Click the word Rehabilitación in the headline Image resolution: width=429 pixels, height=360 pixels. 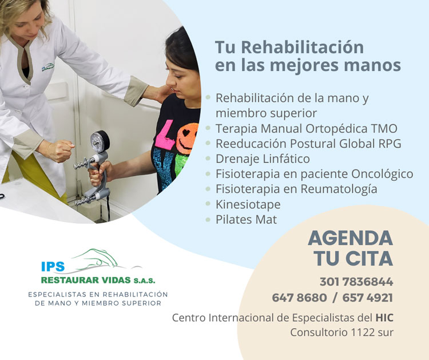303,48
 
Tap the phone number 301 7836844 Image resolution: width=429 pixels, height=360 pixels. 356,282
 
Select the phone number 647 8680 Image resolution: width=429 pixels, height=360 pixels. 299,298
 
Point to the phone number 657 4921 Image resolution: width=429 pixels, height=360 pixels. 368,298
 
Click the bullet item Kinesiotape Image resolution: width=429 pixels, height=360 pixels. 248,204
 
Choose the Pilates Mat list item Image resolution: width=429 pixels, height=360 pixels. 246,220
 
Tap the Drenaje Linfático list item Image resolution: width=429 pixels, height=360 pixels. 263,159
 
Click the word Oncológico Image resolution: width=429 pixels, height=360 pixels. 382,174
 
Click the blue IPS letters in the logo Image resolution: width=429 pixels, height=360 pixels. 53,266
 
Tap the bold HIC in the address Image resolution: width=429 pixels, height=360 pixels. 384,318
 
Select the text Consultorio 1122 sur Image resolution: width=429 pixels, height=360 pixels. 341,333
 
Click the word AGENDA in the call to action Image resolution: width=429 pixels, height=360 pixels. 351,238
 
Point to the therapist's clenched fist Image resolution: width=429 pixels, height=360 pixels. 59,151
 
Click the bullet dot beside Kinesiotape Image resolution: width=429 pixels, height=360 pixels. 208,204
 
